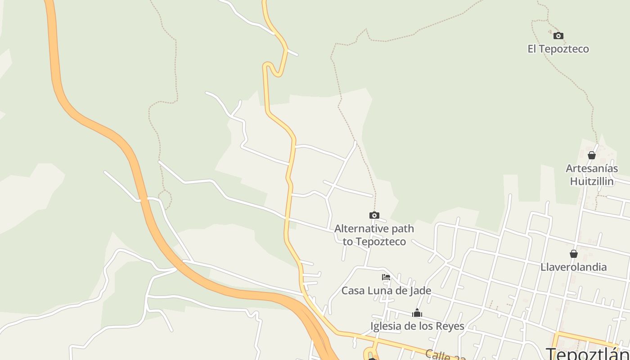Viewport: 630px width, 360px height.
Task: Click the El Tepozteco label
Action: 558,49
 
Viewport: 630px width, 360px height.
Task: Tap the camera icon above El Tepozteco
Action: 558,36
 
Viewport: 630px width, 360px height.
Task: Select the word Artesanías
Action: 592,169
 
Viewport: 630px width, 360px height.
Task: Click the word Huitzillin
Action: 592,181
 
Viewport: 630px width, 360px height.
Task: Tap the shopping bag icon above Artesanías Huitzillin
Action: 592,155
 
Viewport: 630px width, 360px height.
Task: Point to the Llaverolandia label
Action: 574,267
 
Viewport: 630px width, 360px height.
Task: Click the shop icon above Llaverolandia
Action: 574,254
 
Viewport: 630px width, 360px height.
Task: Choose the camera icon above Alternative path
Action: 374,216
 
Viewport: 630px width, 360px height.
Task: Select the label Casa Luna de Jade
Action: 386,291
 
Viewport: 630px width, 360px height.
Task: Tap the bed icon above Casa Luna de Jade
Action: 386,277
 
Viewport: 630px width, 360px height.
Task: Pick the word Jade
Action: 421,291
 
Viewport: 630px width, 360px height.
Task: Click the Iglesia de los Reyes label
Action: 417,326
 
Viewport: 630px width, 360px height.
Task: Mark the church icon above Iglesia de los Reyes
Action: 417,313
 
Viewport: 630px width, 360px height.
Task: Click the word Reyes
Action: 450,326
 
